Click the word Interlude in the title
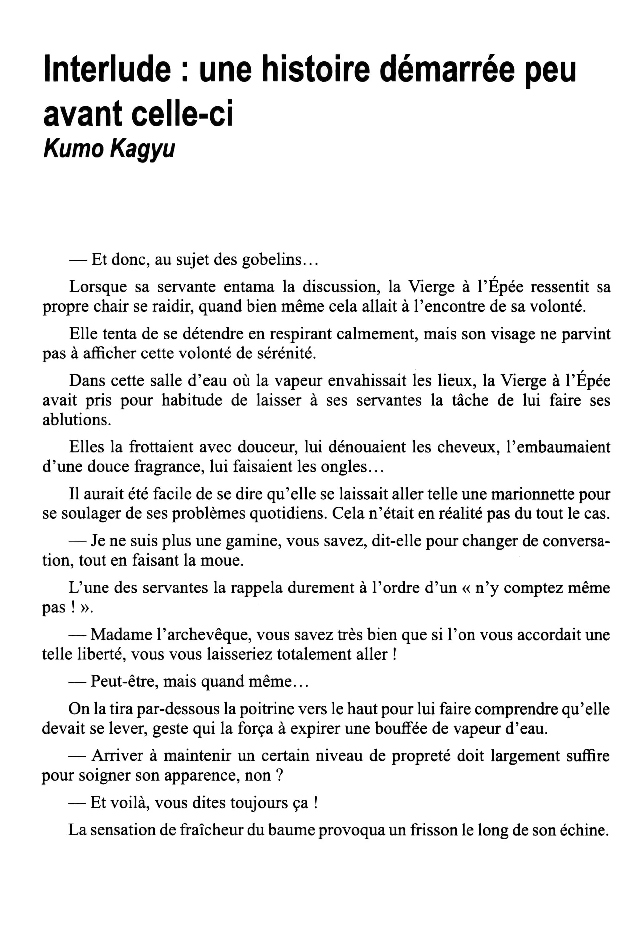pyautogui.click(x=107, y=70)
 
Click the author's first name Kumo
pyautogui.click(x=73, y=149)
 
